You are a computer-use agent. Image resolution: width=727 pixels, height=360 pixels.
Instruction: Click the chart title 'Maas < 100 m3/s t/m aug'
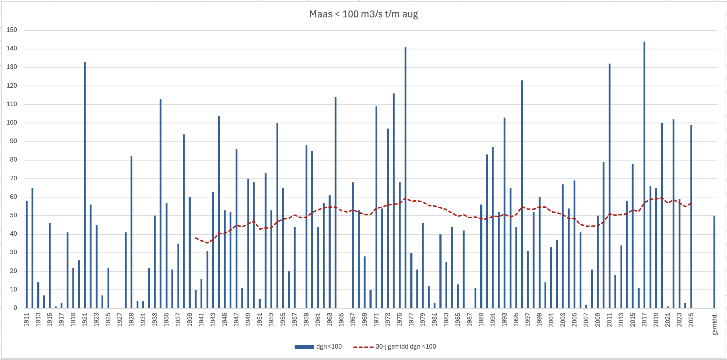coord(363,14)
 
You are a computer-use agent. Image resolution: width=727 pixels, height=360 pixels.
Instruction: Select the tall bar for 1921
coord(85,185)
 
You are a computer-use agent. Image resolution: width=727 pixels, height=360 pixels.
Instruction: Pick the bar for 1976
coord(405,178)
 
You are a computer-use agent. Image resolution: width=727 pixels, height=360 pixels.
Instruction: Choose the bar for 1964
coord(335,202)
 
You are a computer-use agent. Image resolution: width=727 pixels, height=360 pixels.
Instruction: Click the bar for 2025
coord(691,217)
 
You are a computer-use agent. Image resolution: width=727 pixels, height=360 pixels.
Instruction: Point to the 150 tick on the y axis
coord(12,30)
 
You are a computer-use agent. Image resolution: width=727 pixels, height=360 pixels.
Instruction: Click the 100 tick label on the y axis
coord(12,123)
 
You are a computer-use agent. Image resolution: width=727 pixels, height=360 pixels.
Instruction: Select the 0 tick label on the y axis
coord(15,308)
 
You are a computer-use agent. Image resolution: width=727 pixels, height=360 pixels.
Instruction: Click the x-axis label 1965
coord(341,320)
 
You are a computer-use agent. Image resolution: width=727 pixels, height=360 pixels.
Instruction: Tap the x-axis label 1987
coord(469,320)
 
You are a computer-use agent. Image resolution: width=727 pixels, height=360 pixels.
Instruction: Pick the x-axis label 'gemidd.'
coord(715,324)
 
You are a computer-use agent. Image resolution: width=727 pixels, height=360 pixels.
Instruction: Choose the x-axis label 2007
coord(586,320)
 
